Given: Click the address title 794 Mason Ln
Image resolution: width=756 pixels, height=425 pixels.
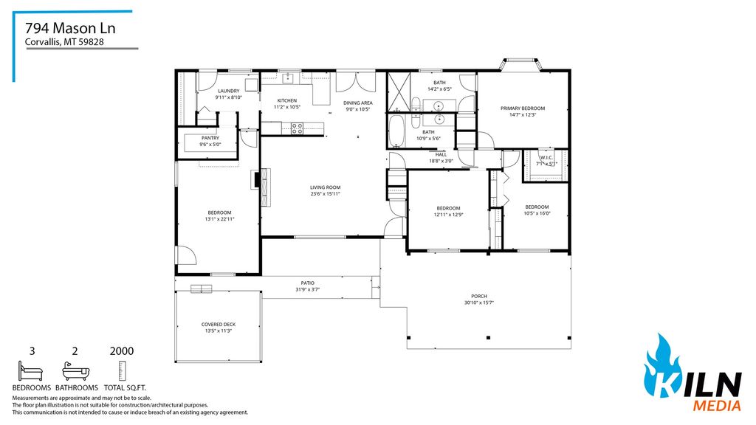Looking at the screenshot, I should [70, 28].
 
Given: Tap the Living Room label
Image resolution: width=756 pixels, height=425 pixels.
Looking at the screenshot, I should [325, 187].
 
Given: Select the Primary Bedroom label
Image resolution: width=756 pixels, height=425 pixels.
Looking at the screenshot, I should [522, 108].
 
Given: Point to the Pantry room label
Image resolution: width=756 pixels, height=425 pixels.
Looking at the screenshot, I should [210, 137].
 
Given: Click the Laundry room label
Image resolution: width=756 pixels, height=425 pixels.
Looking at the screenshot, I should [228, 91].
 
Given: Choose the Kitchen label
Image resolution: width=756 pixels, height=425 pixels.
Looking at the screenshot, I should [286, 100].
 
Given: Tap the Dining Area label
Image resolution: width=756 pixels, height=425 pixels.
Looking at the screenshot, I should [358, 103].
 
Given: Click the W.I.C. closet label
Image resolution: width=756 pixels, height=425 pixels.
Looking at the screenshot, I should [546, 157].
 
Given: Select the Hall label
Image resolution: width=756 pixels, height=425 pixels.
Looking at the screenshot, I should [441, 154].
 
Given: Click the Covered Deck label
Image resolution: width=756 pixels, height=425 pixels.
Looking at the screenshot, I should [219, 324].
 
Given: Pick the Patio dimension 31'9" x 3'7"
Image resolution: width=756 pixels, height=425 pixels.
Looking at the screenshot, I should [307, 288].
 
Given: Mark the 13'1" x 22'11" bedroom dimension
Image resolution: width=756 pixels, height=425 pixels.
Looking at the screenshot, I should [219, 219].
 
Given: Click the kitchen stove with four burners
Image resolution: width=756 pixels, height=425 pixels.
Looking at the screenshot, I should [297, 128].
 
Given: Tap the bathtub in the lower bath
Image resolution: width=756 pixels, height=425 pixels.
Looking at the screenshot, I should [396, 131].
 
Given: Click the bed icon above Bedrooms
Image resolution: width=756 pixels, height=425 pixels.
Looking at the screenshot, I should [31, 370].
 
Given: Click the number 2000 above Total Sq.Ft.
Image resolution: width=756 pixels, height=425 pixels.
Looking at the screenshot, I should [121, 352].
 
